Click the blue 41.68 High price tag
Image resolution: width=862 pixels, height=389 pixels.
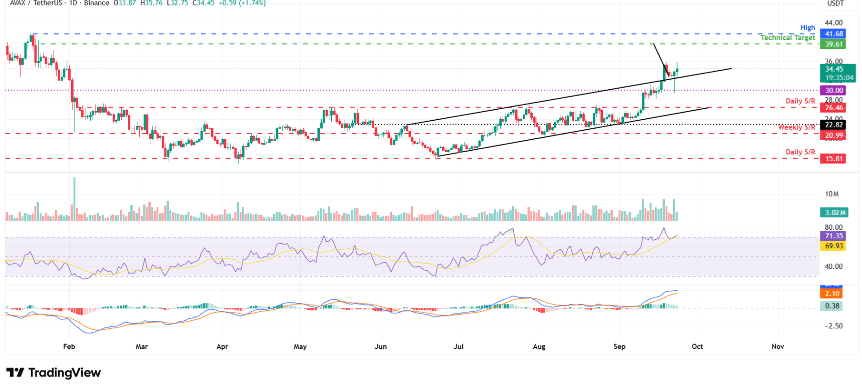click(x=832, y=34)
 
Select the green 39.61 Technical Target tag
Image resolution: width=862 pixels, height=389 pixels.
click(x=832, y=44)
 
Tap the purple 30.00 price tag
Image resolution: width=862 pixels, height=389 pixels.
click(x=832, y=91)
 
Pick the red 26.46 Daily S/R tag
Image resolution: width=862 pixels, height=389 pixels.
click(x=832, y=108)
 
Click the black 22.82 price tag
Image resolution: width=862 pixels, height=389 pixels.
click(x=832, y=125)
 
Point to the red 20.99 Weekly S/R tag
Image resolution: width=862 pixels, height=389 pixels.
click(x=832, y=135)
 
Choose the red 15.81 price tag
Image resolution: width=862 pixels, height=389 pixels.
click(x=832, y=159)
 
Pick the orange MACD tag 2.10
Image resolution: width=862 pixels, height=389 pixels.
click(x=832, y=294)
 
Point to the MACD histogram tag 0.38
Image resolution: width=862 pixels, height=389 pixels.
click(x=832, y=306)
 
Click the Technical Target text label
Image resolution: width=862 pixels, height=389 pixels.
click(x=787, y=38)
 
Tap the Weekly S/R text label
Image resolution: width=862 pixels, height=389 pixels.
click(x=796, y=127)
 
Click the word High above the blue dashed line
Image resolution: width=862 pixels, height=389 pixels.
click(x=807, y=28)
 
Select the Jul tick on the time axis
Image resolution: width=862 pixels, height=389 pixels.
click(x=458, y=346)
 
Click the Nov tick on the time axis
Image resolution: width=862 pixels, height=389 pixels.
click(x=777, y=346)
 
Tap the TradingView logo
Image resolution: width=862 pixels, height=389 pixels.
click(x=54, y=372)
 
